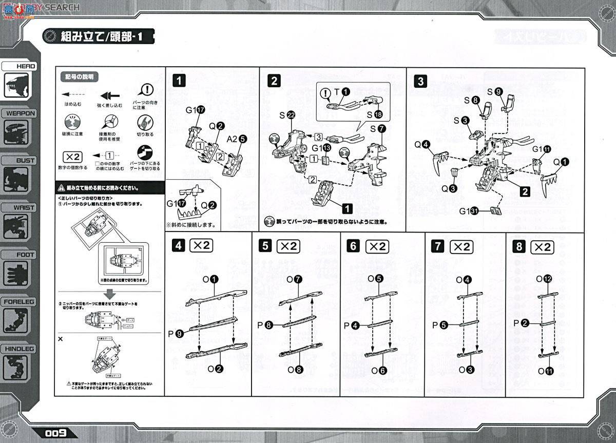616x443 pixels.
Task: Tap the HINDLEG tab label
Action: tap(20, 349)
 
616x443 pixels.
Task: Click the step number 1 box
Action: tap(179, 80)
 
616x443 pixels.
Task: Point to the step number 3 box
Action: tap(421, 81)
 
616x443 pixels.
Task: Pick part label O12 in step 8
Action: tap(544, 279)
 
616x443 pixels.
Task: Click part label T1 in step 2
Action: tap(341, 92)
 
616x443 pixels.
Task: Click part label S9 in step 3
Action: tap(494, 91)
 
